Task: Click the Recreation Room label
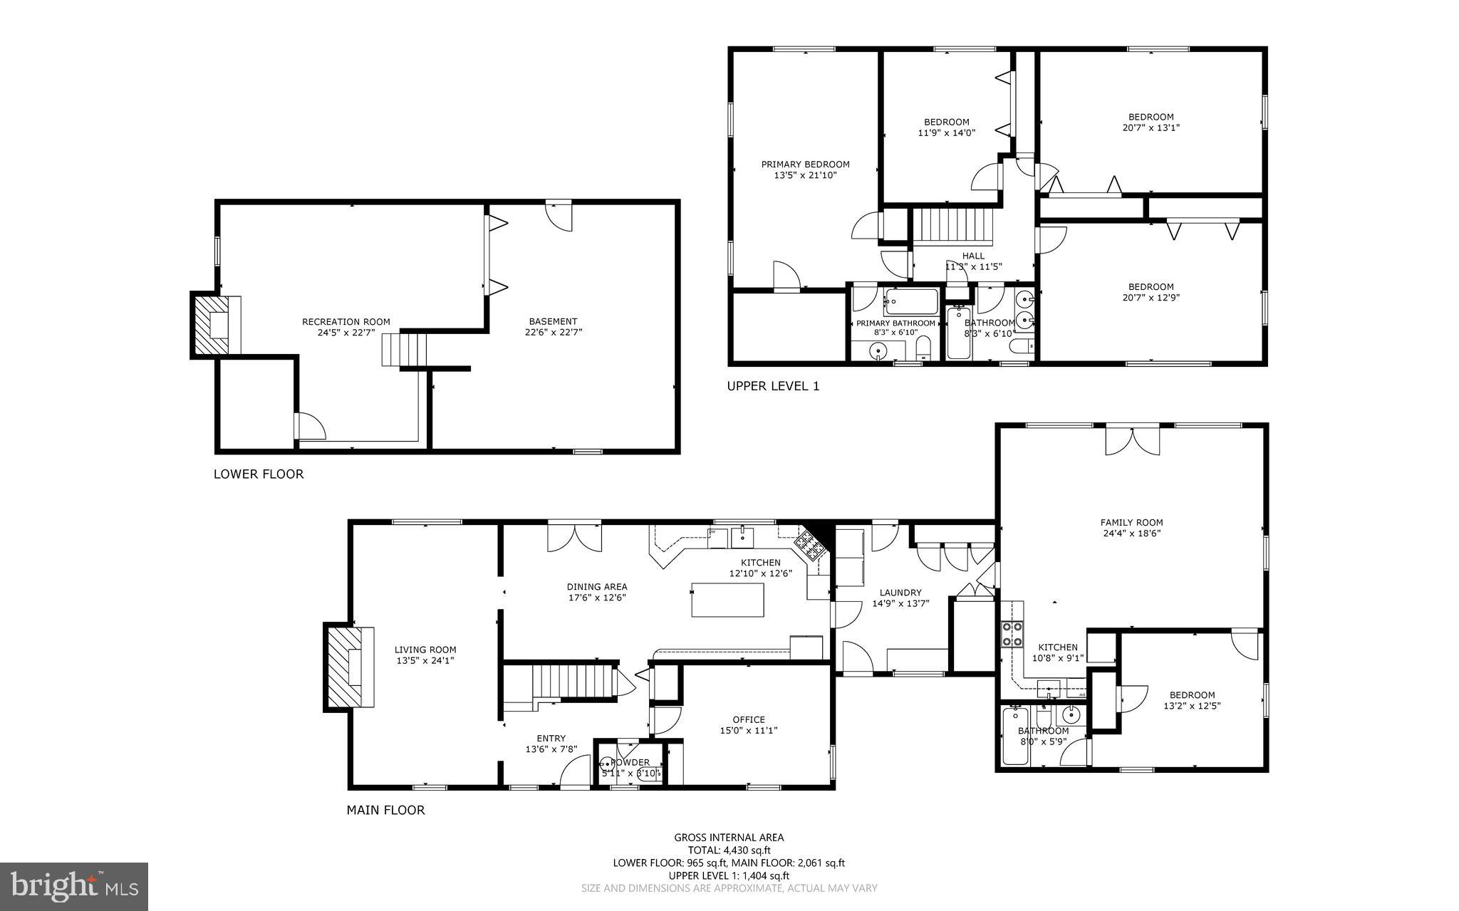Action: (x=346, y=322)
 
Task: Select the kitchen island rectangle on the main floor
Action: (x=727, y=600)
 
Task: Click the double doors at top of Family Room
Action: (x=1133, y=441)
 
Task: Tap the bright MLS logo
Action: (x=74, y=885)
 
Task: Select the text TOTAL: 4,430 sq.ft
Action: (x=729, y=850)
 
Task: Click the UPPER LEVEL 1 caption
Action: (x=773, y=386)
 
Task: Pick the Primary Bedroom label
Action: (x=805, y=165)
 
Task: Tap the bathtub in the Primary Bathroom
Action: (x=911, y=302)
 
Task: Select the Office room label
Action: (x=748, y=719)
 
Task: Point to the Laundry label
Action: (x=900, y=593)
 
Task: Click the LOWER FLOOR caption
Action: (x=259, y=474)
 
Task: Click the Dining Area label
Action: (x=597, y=587)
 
